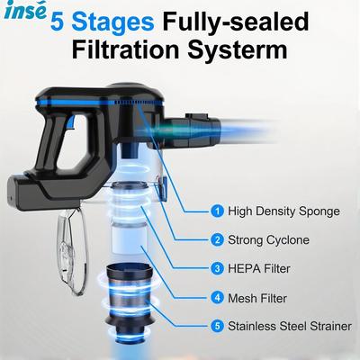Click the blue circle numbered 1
click(x=217, y=211)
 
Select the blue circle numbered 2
click(x=217, y=239)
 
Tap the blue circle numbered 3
click(x=217, y=268)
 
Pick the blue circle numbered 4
click(x=217, y=297)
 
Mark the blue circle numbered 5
click(x=217, y=326)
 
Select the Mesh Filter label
click(x=257, y=297)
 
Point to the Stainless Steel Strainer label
click(x=288, y=326)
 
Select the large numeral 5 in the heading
click(x=60, y=19)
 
